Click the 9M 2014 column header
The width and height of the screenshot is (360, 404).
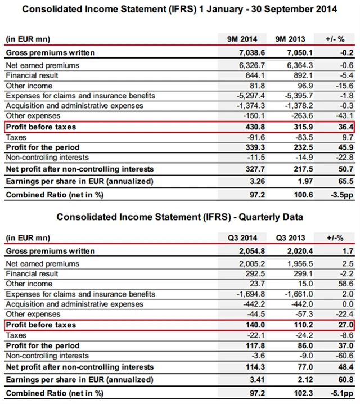point(238,39)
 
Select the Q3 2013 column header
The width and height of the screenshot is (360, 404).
point(290,237)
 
